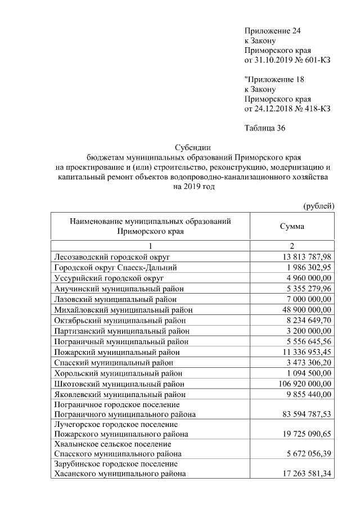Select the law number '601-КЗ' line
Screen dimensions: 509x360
tap(287, 60)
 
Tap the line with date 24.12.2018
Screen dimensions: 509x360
tap(287, 109)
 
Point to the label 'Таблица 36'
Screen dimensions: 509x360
tap(265, 128)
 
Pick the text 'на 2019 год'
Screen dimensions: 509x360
tap(191, 187)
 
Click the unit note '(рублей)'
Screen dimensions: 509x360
tap(318, 206)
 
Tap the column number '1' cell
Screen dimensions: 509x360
tap(150, 246)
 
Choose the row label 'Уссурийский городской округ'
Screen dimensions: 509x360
tap(109, 278)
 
